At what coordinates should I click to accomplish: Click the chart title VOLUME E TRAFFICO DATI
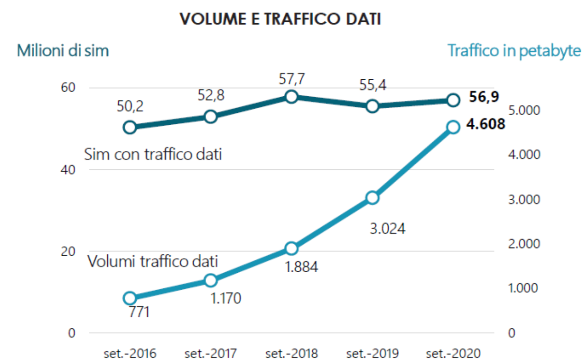(280, 19)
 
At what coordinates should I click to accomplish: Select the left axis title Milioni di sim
(63, 50)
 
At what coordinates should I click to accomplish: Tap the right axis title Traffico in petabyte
(514, 50)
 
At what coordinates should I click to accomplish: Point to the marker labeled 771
(130, 298)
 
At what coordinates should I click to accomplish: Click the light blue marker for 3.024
(372, 198)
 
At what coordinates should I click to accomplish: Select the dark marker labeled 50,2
(130, 127)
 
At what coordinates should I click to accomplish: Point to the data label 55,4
(373, 85)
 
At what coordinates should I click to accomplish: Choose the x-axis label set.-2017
(211, 353)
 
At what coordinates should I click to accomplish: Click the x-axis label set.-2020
(453, 353)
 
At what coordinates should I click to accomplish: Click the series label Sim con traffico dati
(153, 154)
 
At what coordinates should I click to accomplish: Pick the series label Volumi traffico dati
(153, 261)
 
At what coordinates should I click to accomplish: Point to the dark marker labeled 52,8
(211, 117)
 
